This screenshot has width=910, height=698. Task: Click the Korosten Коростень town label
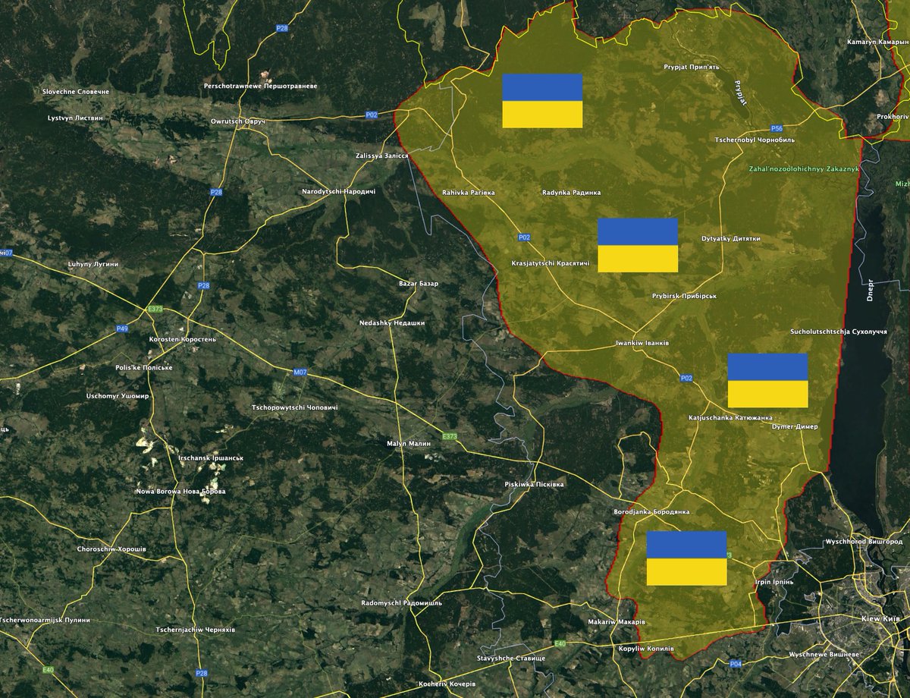click(183, 339)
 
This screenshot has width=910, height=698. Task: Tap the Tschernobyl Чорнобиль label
click(755, 140)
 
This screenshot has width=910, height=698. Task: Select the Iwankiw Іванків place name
click(642, 344)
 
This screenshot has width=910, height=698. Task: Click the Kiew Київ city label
click(880, 620)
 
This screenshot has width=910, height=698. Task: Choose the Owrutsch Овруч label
click(243, 121)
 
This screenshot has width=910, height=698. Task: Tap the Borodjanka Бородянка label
click(651, 512)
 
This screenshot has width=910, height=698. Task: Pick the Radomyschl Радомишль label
click(401, 602)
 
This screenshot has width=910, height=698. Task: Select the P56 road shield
click(777, 129)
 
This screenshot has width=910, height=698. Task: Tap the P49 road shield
click(122, 329)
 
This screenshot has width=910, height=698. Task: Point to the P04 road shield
click(735, 664)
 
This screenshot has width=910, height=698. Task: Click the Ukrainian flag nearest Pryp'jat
click(542, 100)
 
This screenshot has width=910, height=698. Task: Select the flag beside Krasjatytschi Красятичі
click(638, 245)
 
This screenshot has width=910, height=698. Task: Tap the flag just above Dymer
click(767, 380)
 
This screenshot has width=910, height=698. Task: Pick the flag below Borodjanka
click(686, 558)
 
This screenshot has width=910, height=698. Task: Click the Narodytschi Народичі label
click(338, 192)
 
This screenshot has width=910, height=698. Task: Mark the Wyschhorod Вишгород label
click(864, 542)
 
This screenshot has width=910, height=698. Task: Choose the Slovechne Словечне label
click(76, 92)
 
